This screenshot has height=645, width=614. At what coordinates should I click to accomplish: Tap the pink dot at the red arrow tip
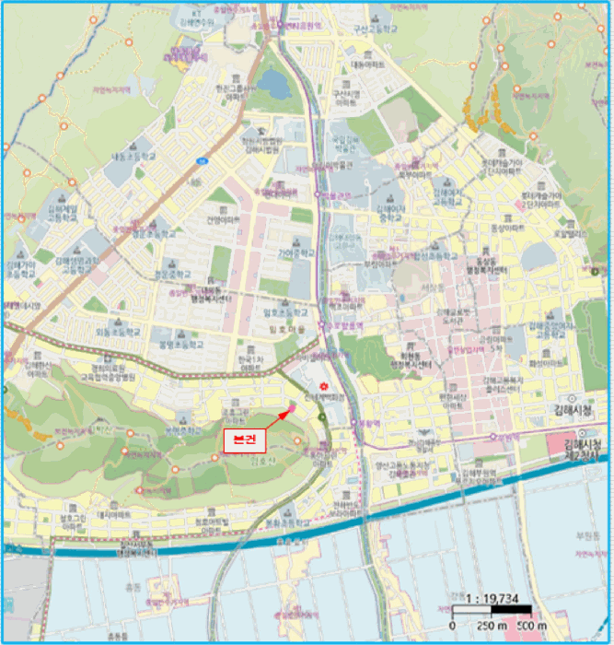tap(292, 408)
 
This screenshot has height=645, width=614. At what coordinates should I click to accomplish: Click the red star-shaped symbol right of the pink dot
tap(322, 385)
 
